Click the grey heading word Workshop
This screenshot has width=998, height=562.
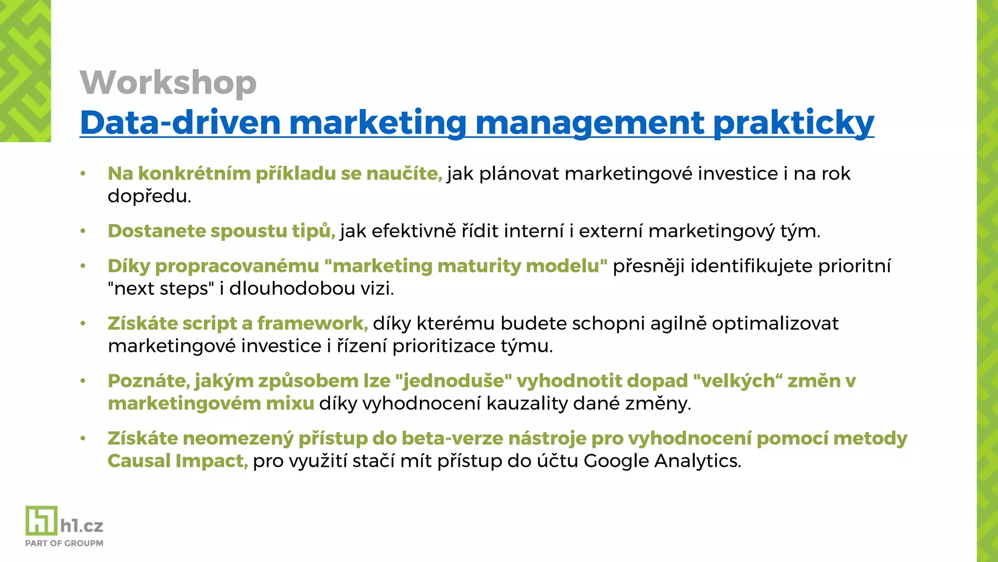168,82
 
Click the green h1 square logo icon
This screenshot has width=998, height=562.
41,521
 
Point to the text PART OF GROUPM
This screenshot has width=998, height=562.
64,543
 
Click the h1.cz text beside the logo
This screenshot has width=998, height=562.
82,526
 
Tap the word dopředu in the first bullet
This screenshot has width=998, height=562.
149,196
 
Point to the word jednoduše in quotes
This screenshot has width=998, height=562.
455,381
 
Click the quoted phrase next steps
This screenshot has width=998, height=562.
161,288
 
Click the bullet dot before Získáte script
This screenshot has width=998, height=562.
83,323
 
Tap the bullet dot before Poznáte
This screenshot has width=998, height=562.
83,381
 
